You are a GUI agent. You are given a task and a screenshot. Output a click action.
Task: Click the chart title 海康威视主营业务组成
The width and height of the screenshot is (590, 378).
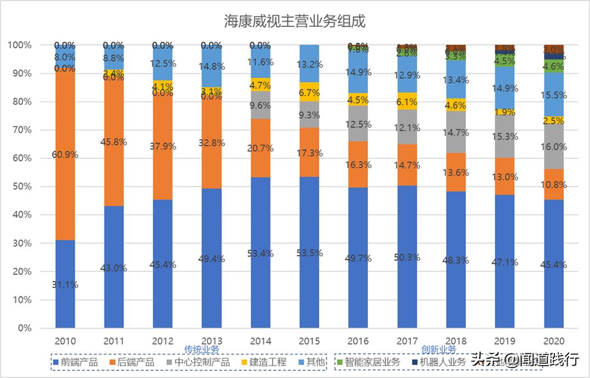coord(294,21)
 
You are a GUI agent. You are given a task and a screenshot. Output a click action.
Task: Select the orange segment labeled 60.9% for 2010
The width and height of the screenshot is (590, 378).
coord(65,154)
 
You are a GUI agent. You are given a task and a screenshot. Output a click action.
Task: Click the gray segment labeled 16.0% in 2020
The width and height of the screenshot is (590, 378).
coord(553,147)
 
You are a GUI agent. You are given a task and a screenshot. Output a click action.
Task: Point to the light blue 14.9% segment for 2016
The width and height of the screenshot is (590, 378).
coord(358,72)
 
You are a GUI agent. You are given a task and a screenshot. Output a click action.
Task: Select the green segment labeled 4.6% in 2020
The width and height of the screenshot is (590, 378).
coord(553,66)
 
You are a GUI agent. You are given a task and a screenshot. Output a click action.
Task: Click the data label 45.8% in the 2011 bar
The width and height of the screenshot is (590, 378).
coord(114,142)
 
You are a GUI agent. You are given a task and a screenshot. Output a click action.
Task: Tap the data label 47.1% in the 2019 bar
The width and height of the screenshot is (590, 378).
coord(505,262)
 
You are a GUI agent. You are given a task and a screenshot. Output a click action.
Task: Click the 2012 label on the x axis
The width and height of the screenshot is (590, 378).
coord(163,341)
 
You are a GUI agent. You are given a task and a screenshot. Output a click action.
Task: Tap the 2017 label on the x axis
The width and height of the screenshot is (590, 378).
coord(407,341)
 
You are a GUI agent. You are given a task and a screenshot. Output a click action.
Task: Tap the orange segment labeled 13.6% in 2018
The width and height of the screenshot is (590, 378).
coord(455,172)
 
